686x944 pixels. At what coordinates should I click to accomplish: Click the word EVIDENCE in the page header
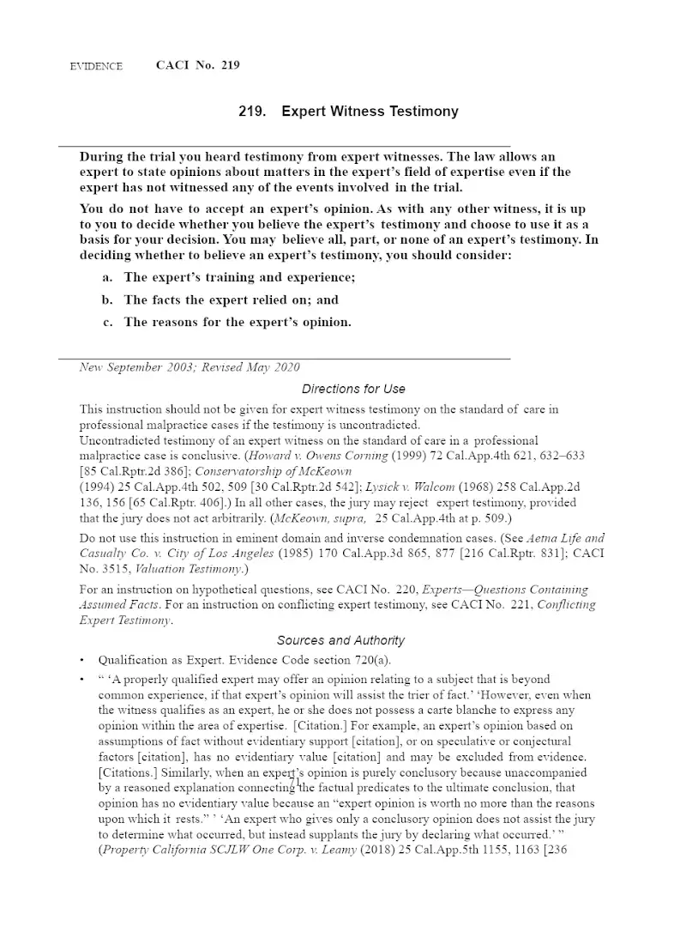pyautogui.click(x=96, y=66)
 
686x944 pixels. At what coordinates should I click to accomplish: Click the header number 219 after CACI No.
pyautogui.click(x=230, y=65)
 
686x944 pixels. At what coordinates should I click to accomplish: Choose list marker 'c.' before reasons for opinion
pyautogui.click(x=108, y=322)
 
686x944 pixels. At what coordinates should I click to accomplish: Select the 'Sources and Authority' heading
pyautogui.click(x=340, y=640)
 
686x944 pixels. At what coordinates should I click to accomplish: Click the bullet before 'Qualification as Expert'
pyautogui.click(x=82, y=661)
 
